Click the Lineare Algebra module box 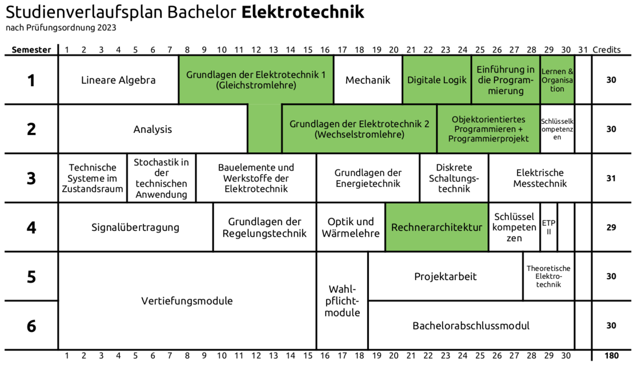pyautogui.click(x=118, y=80)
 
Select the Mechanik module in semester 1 pyautogui.click(x=368, y=80)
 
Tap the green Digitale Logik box pyautogui.click(x=437, y=80)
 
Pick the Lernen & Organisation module pyautogui.click(x=557, y=80)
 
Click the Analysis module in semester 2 pyautogui.click(x=153, y=129)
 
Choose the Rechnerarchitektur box pyautogui.click(x=437, y=227)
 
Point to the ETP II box pyautogui.click(x=548, y=227)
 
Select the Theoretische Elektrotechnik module pyautogui.click(x=548, y=276)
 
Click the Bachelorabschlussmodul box pyautogui.click(x=471, y=326)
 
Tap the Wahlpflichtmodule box pyautogui.click(x=342, y=301)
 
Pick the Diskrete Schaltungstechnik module pyautogui.click(x=454, y=178)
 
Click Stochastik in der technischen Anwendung pyautogui.click(x=161, y=178)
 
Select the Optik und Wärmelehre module pyautogui.click(x=351, y=227)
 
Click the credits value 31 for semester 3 pyautogui.click(x=611, y=178)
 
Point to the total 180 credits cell pyautogui.click(x=611, y=356)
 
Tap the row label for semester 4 pyautogui.click(x=31, y=228)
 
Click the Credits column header pyautogui.click(x=607, y=50)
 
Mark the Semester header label pyautogui.click(x=31, y=50)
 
